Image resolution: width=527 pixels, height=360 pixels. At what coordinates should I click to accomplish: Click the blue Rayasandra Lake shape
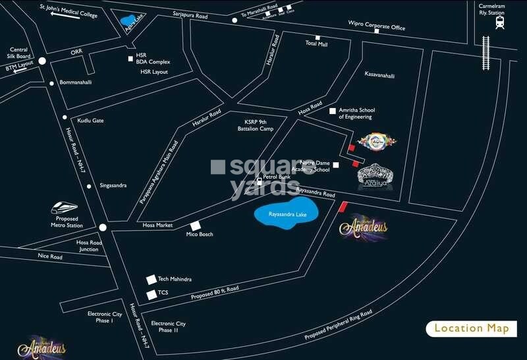click(x=287, y=215)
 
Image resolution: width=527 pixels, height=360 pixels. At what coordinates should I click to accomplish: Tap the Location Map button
click(x=471, y=328)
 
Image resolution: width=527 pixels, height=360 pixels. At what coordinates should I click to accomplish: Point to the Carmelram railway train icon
click(x=499, y=22)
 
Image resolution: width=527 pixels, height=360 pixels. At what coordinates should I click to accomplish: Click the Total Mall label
click(x=316, y=43)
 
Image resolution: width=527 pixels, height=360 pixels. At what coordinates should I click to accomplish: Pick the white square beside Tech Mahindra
click(x=152, y=280)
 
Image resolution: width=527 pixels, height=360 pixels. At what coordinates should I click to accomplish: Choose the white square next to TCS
click(x=152, y=293)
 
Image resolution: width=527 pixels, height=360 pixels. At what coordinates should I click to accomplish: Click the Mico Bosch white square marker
click(x=195, y=226)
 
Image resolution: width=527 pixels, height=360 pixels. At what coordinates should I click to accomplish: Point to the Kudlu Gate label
click(x=90, y=121)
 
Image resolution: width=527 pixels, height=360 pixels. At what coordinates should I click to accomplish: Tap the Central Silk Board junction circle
click(x=42, y=61)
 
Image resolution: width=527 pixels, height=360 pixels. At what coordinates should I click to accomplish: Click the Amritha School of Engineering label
click(x=356, y=113)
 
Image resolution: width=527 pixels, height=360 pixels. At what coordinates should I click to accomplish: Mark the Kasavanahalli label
click(x=379, y=75)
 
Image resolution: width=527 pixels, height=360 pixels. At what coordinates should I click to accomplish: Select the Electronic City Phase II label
click(x=169, y=327)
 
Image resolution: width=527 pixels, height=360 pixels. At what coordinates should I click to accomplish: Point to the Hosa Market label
click(x=157, y=225)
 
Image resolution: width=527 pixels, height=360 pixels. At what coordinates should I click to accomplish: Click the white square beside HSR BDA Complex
click(x=131, y=59)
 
